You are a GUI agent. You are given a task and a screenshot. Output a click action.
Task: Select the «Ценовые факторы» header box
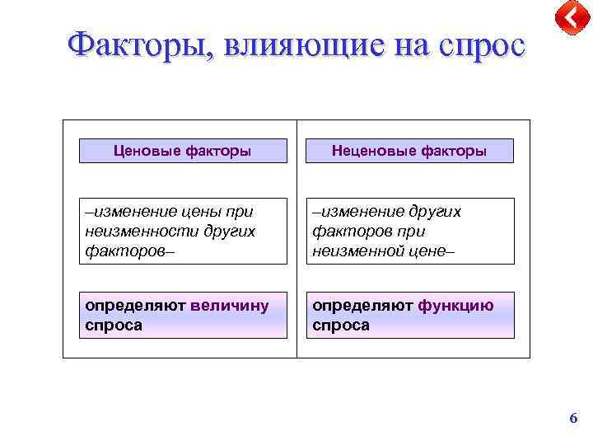pyautogui.click(x=182, y=151)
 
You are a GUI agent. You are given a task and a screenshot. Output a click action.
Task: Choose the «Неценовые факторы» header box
pyautogui.click(x=409, y=151)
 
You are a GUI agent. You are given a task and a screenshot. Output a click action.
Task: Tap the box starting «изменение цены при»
pyautogui.click(x=182, y=231)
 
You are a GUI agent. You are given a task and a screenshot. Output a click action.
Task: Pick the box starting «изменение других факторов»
pyautogui.click(x=409, y=231)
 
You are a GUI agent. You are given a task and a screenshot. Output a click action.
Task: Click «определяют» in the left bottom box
pyautogui.click(x=135, y=306)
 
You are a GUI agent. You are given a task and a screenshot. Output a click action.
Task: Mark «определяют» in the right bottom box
pyautogui.click(x=362, y=306)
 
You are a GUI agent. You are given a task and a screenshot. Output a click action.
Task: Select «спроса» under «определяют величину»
pyautogui.click(x=114, y=325)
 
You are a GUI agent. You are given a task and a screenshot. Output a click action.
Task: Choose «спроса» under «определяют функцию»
pyautogui.click(x=341, y=325)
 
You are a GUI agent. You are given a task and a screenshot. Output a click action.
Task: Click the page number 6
pyautogui.click(x=573, y=419)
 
